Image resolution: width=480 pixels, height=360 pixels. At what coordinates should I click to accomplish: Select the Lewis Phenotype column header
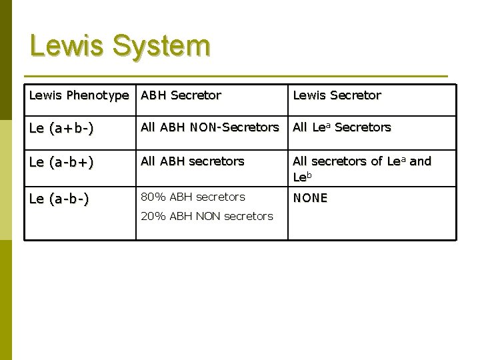[79, 95]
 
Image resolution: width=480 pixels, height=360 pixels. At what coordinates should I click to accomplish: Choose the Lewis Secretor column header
[337, 95]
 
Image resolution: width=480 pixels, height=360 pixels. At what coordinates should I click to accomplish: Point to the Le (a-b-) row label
[59, 197]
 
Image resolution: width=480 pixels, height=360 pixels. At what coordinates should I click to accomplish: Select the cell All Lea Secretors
[342, 127]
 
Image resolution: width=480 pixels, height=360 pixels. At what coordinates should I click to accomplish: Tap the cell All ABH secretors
[193, 161]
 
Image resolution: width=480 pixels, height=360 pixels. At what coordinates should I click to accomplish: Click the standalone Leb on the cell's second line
[301, 177]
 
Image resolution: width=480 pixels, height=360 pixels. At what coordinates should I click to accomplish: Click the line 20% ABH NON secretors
[206, 215]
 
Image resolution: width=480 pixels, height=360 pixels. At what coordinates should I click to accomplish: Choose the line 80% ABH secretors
[192, 197]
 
